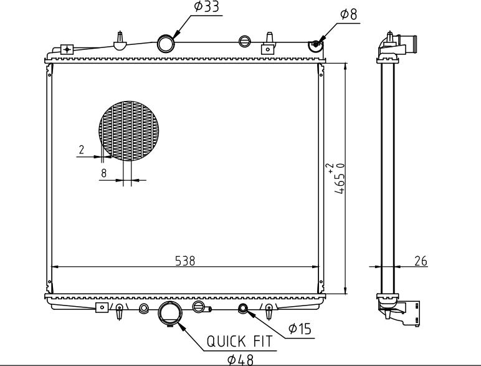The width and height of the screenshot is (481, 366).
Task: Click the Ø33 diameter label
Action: (207, 7)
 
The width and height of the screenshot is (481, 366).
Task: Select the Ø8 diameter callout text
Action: (349, 14)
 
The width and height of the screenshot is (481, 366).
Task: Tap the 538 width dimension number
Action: (185, 261)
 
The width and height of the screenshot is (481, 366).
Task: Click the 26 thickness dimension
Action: (421, 261)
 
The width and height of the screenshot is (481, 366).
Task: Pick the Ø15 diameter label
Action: (300, 329)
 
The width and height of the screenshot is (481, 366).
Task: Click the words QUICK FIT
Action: (240, 342)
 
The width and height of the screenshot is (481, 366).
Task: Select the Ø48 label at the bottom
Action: (240, 360)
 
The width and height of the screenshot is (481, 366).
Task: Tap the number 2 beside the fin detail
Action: (81, 150)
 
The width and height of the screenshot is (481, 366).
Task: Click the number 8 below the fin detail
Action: (103, 173)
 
